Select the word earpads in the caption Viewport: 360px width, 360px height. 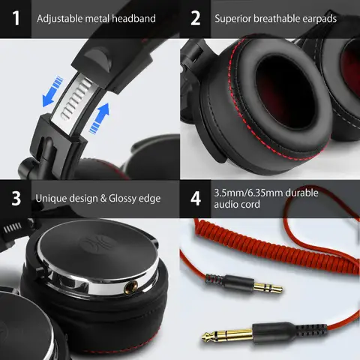pyautogui.click(x=316, y=17)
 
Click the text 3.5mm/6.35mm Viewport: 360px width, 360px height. pyautogui.click(x=245, y=193)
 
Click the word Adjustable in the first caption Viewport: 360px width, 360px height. pyautogui.click(x=62, y=17)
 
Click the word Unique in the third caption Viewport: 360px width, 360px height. pyautogui.click(x=50, y=199)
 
